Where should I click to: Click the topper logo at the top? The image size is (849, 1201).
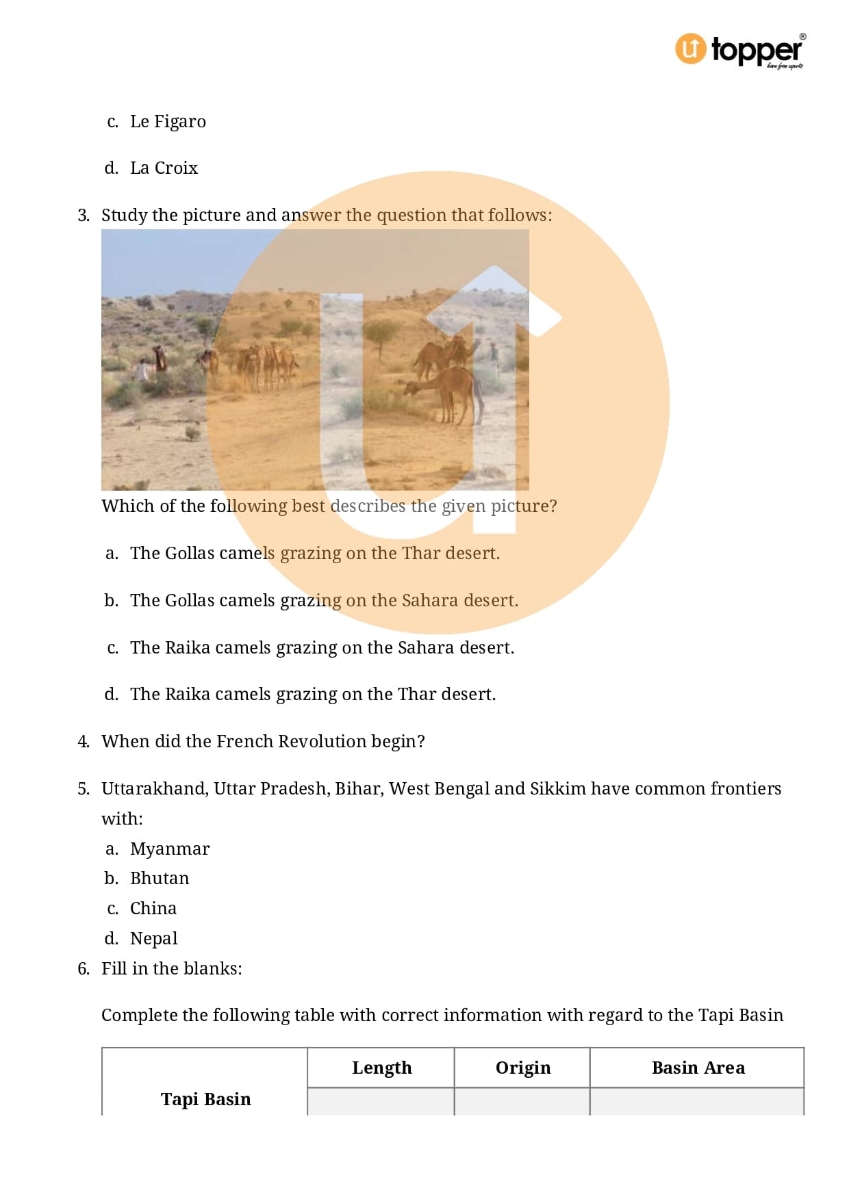point(739,50)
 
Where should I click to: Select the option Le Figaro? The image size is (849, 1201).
point(168,122)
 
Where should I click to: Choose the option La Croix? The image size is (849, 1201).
point(164,168)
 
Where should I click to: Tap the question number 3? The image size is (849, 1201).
point(83,216)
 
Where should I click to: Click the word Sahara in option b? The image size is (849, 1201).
point(429,601)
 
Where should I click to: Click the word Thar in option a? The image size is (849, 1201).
point(421,554)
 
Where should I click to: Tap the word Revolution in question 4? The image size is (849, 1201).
point(322,742)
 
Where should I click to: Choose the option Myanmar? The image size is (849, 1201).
point(170,849)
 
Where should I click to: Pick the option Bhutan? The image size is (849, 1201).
point(160,879)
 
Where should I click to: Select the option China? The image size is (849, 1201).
point(153,909)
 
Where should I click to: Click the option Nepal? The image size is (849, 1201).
point(153,939)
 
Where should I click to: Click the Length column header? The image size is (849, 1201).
point(381,1068)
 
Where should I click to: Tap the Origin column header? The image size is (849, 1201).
point(522,1068)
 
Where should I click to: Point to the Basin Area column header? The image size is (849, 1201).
point(698,1068)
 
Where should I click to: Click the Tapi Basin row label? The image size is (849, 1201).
point(205,1099)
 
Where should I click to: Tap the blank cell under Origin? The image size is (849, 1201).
point(522,1102)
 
